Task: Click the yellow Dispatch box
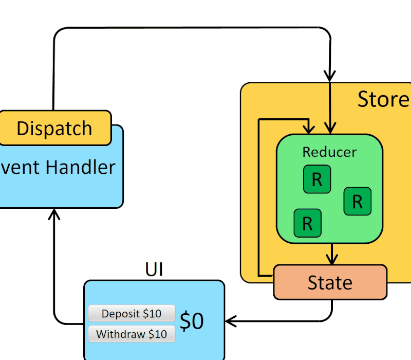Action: click(x=54, y=128)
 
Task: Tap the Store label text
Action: click(x=383, y=99)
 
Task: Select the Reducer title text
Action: click(x=329, y=152)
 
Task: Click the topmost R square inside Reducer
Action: click(x=316, y=179)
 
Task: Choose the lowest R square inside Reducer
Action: click(x=307, y=223)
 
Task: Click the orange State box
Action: click(x=330, y=282)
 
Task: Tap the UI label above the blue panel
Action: click(x=154, y=269)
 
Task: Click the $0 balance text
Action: click(x=192, y=321)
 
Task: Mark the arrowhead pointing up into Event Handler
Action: click(x=54, y=214)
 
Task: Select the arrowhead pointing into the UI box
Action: click(x=230, y=321)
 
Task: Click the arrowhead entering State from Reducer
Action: click(x=332, y=260)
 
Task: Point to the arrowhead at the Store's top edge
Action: click(x=329, y=76)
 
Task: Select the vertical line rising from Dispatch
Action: click(x=53, y=77)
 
